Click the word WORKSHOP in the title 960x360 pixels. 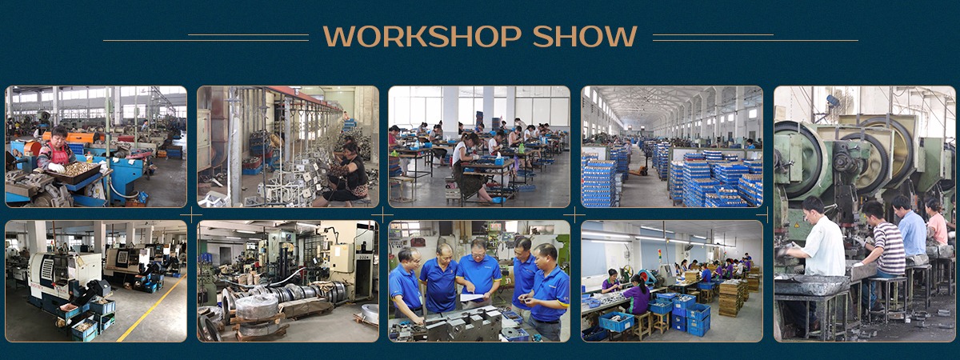(422, 36)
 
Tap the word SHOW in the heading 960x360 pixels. (585, 36)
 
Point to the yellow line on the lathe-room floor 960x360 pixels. (151, 308)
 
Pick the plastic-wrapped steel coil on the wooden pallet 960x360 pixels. (257, 308)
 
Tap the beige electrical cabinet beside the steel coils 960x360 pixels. (342, 258)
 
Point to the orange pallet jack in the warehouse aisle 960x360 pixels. (637, 171)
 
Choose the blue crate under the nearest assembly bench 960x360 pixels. (616, 322)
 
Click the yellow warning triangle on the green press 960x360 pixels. (797, 225)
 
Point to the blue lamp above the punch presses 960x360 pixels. (833, 101)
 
